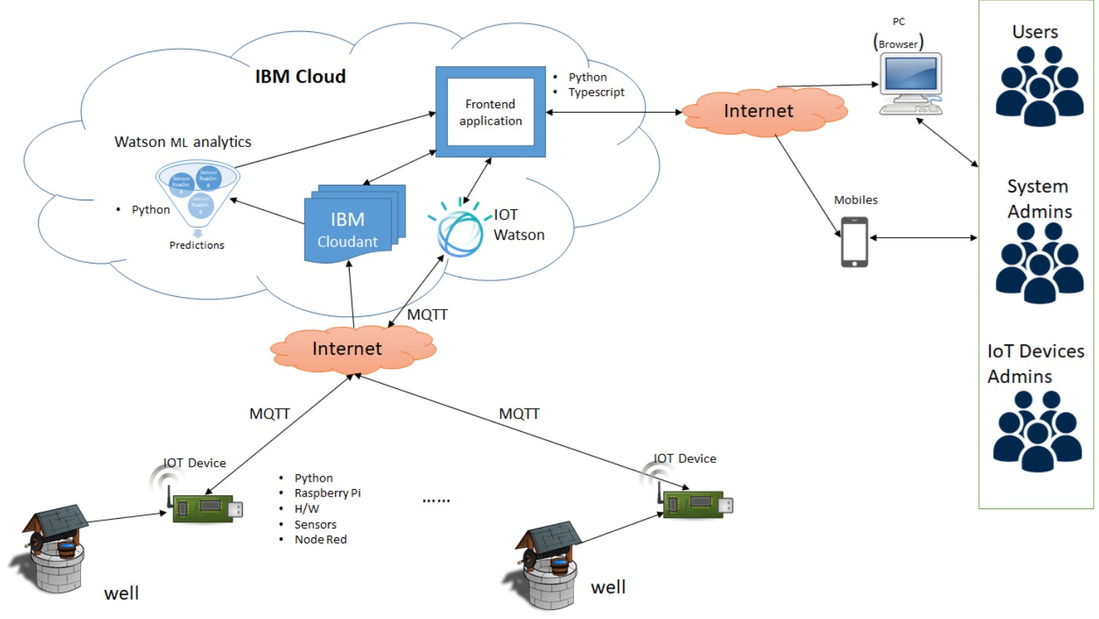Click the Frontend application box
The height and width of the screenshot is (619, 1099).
coord(490,112)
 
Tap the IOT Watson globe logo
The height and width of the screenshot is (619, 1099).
coord(459,229)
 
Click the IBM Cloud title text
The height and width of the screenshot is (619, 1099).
coord(300,76)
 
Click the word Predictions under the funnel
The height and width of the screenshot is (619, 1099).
coord(197,245)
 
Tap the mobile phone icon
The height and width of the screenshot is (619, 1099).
coord(854,242)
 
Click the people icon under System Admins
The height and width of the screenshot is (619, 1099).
coord(1039,263)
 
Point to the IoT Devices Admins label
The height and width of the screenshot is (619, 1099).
coord(1035,364)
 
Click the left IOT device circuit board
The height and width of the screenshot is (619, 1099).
coord(206,508)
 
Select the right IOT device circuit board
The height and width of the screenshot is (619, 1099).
coord(696,504)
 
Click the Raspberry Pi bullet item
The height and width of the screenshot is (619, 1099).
coord(327,493)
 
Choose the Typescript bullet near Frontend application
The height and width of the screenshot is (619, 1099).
coord(596,92)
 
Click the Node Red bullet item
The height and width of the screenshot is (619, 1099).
coord(320,540)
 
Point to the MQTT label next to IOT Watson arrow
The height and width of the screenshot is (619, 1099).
coord(427,315)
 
